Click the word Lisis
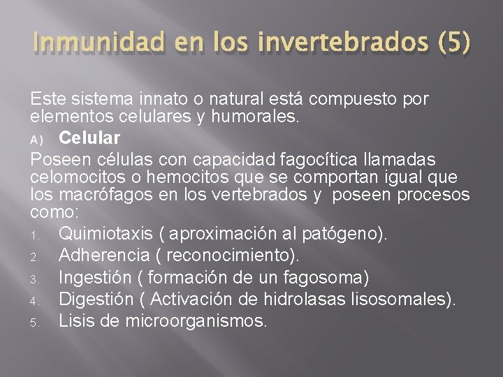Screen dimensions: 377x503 pos(75,321)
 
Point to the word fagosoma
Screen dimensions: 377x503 pos(322,277)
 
